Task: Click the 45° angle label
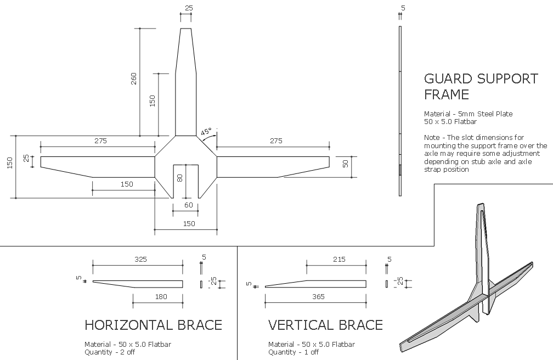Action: click(206, 132)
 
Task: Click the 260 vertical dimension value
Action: click(134, 78)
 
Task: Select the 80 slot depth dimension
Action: click(180, 177)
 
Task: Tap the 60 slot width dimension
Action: click(189, 205)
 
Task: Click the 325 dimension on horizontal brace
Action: click(140, 260)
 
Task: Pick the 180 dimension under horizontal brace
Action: click(161, 297)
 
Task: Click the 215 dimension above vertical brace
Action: click(339, 260)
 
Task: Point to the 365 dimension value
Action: click(318, 297)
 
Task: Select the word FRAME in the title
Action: click(447, 94)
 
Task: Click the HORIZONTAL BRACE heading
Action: click(154, 325)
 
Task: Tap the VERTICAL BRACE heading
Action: click(325, 325)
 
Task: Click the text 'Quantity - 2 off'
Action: click(110, 352)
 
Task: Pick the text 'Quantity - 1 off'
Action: click(294, 352)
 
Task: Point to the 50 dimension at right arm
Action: click(345, 164)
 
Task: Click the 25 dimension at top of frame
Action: click(189, 8)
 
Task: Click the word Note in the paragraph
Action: click(432, 137)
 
